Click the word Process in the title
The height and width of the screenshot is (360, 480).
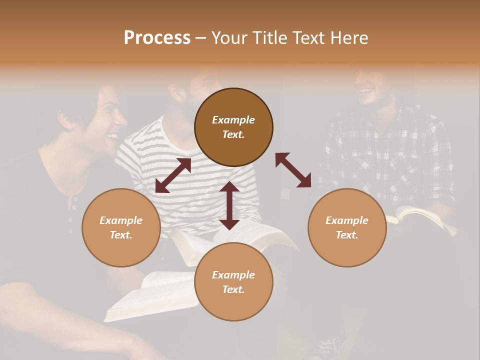pyautogui.click(x=157, y=38)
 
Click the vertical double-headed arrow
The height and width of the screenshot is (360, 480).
pyautogui.click(x=229, y=205)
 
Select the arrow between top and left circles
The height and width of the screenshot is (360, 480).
pyautogui.click(x=173, y=175)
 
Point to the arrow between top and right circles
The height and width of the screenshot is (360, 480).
pyautogui.click(x=293, y=170)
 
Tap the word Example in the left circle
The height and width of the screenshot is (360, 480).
pyautogui.click(x=121, y=220)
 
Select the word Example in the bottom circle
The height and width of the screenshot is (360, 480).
pyautogui.click(x=233, y=275)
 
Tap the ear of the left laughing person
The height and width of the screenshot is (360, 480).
pyautogui.click(x=65, y=119)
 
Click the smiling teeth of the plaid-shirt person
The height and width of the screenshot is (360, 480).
pyautogui.click(x=366, y=91)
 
